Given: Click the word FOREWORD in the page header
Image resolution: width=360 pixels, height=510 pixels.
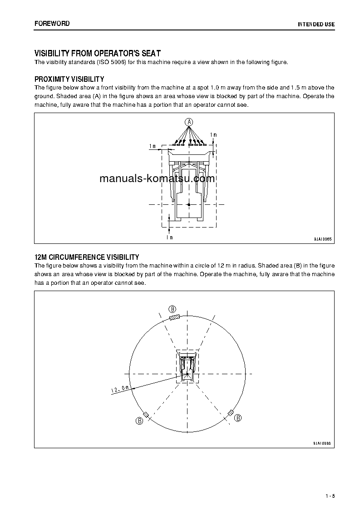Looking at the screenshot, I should click(52, 24).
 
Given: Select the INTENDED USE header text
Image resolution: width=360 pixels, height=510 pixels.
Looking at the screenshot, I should click(316, 24).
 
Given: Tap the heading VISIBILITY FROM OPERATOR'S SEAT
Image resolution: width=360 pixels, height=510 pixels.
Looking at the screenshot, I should click(98, 53).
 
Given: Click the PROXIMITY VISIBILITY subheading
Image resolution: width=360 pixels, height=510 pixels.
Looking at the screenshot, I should click(69, 79).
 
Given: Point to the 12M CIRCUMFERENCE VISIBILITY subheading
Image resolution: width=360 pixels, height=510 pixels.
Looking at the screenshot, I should click(87, 257).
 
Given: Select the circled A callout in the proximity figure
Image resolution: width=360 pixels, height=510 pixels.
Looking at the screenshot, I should click(189, 121).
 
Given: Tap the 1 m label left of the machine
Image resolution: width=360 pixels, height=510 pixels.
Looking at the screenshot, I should click(153, 146).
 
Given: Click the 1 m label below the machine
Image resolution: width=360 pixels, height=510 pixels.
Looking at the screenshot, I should click(169, 237).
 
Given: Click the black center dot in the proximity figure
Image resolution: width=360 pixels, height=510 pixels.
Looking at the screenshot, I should click(189, 205).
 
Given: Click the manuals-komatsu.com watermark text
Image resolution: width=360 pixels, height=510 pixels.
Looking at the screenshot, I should click(157, 178).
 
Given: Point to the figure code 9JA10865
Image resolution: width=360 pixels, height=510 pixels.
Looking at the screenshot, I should click(322, 239).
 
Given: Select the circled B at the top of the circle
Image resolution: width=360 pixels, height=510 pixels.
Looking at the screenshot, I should click(173, 308).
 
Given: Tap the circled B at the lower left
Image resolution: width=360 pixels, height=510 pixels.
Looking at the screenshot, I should click(139, 421).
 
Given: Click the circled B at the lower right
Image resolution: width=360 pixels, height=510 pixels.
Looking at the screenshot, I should click(238, 417).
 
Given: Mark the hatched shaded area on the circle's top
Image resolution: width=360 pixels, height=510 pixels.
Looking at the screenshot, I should click(174, 317).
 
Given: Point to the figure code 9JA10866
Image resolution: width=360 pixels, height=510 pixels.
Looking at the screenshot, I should click(322, 443).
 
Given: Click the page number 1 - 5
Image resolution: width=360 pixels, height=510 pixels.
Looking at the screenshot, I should click(330, 496).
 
